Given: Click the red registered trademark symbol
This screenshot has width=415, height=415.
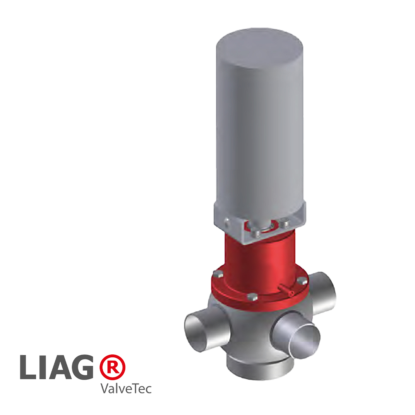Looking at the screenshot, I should [112, 366].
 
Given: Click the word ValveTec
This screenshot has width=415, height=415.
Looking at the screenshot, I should [126, 389].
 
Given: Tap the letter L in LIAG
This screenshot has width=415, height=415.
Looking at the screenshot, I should [28, 367].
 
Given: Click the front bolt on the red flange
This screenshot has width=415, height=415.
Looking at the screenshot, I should [251, 297].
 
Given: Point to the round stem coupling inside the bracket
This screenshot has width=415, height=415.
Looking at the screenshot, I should [261, 226].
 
